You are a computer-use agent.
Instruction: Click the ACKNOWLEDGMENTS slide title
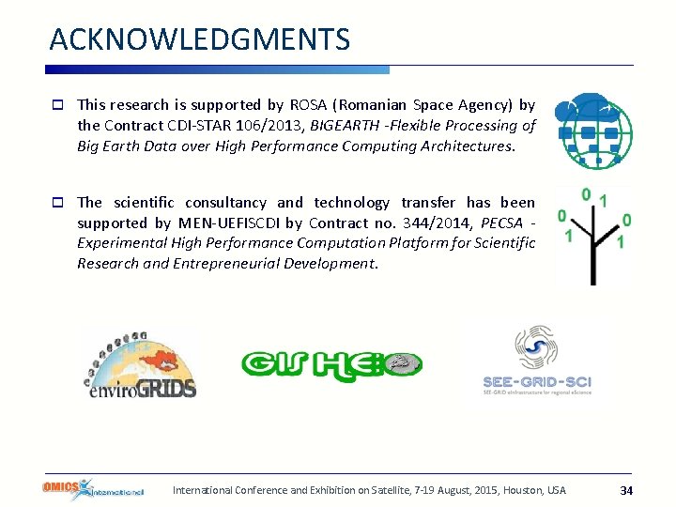point(199,39)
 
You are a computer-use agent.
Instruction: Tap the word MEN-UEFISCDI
point(228,223)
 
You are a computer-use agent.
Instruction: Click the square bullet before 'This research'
point(58,105)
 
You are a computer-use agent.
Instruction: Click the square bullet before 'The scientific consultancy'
point(58,203)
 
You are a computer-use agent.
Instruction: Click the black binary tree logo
point(593,236)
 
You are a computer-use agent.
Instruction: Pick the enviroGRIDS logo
point(139,363)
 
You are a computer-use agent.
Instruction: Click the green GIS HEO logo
point(331,363)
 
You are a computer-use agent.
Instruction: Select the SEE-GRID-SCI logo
point(536,361)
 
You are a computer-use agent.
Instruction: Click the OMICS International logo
point(93,489)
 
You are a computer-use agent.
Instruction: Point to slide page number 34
point(626,490)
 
